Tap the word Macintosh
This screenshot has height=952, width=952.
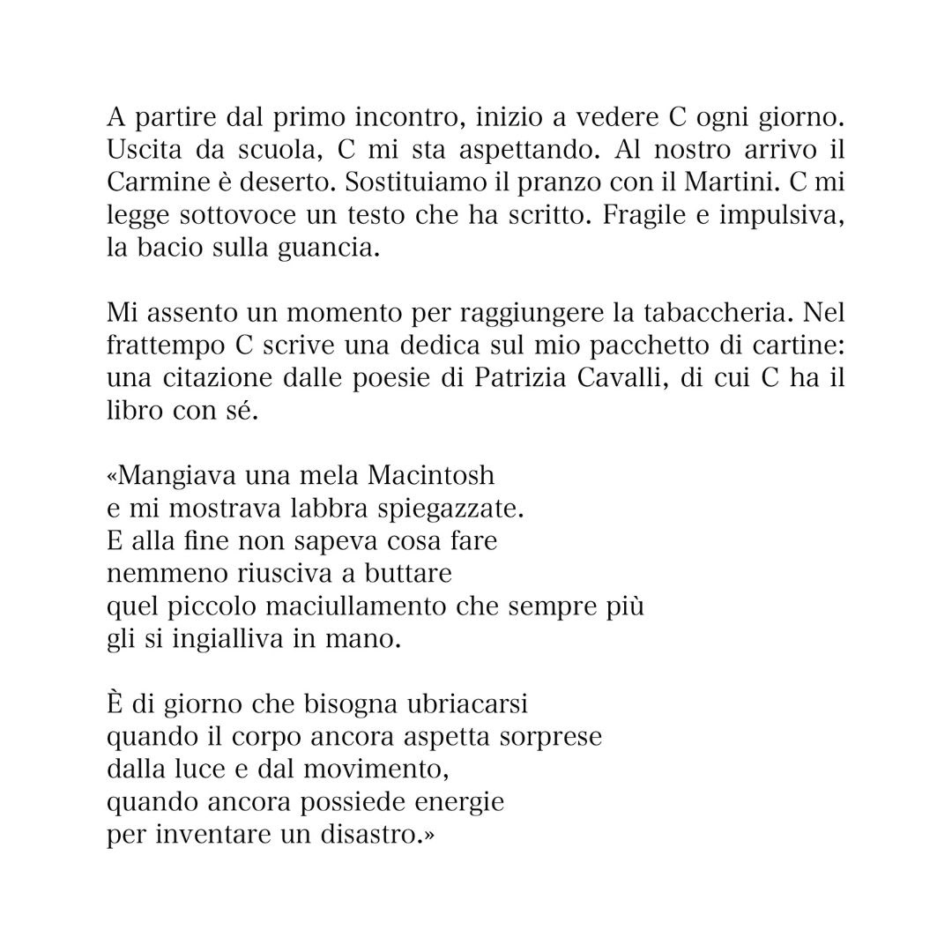431,475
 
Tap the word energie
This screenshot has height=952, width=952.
458,803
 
